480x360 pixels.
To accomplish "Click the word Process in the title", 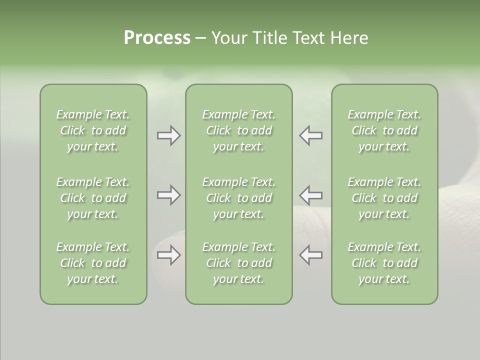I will [x=157, y=38].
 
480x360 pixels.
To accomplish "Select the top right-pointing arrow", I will [x=168, y=135].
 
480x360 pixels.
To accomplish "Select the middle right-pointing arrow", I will [x=168, y=195].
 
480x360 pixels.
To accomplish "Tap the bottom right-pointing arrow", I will [x=168, y=255].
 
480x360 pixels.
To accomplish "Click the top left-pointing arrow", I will [x=310, y=135].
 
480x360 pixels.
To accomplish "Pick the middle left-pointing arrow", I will [x=310, y=195].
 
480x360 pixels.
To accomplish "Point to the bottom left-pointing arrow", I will [x=310, y=255].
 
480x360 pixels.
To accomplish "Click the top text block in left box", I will [x=93, y=130].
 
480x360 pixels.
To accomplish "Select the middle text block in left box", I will [x=93, y=198].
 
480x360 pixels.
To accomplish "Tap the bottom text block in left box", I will [x=93, y=263].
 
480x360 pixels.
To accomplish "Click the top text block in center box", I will [x=238, y=130].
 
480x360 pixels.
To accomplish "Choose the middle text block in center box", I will [x=238, y=198].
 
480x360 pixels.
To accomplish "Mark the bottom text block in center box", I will [x=238, y=263].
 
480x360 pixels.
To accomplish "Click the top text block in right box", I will [x=384, y=130].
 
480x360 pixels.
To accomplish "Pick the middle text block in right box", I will [x=384, y=198].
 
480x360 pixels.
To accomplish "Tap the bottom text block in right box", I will [x=384, y=263].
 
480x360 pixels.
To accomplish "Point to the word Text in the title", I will [x=309, y=38].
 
